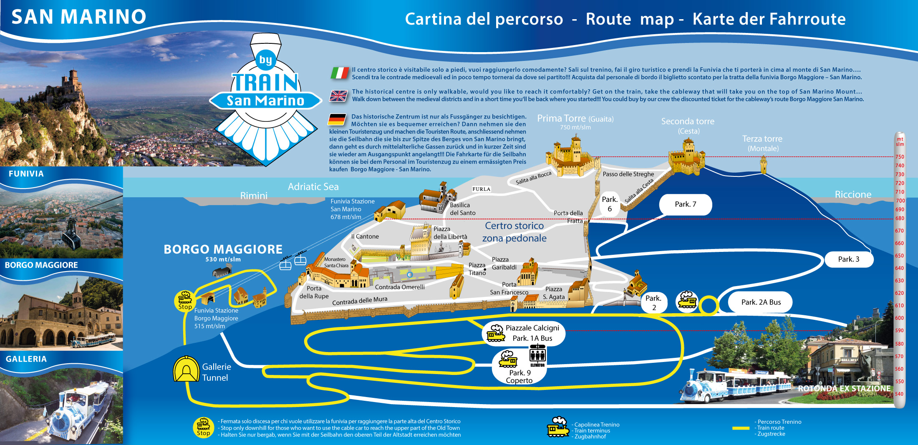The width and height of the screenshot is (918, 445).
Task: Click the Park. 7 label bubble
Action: coord(686,204)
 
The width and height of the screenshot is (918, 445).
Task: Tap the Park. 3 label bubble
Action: coord(849,259)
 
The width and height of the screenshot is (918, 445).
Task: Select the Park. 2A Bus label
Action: coord(760,302)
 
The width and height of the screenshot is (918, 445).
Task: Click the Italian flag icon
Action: coord(340,73)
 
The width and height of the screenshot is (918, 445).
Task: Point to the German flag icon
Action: coord(337,120)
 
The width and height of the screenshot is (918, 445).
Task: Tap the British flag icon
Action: coord(338,96)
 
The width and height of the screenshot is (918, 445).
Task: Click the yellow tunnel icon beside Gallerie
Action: coord(186,369)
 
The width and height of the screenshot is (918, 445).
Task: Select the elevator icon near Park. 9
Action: coord(537,356)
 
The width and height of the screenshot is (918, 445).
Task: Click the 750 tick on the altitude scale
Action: coord(900,157)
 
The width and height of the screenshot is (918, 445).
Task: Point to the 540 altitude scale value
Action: coord(899,394)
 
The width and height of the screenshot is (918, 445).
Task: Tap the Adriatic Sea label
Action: coord(313,187)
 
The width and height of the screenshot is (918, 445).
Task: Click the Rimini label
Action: coord(254,196)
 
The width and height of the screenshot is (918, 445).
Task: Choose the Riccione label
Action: coord(853,194)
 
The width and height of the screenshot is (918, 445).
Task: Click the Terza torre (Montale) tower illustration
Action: coord(764,164)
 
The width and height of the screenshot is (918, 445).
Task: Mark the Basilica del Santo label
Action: coord(462,209)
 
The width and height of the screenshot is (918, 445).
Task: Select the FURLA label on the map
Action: coord(481,189)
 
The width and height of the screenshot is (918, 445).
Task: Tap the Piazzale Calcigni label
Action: coord(532,328)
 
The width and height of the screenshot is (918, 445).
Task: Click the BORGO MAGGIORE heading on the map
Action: coord(223,249)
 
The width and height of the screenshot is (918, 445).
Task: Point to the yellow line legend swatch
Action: coord(741,428)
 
